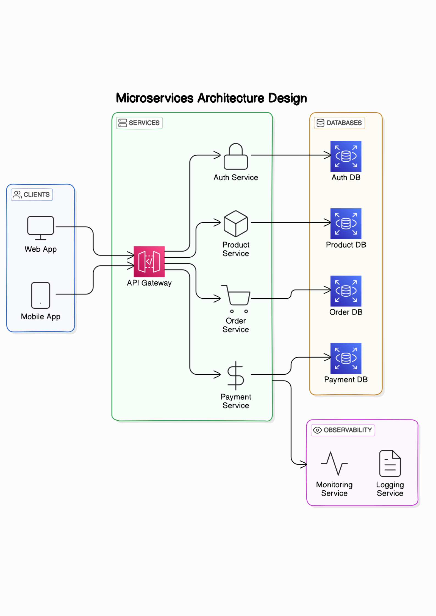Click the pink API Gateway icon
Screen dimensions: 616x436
point(149,261)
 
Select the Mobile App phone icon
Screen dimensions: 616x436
point(40,295)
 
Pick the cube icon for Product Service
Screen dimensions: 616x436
point(236,224)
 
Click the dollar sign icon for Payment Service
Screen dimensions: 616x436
point(236,375)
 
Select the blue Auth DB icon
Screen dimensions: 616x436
point(346,156)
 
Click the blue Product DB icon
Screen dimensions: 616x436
point(346,223)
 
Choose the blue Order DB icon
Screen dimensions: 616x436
point(346,291)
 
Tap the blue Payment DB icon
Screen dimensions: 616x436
point(346,358)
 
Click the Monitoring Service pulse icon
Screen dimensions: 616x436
point(334,463)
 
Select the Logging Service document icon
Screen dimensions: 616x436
point(390,463)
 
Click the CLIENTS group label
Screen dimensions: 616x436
point(32,195)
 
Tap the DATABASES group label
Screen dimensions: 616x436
point(339,123)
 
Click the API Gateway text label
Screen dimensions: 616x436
point(149,283)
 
